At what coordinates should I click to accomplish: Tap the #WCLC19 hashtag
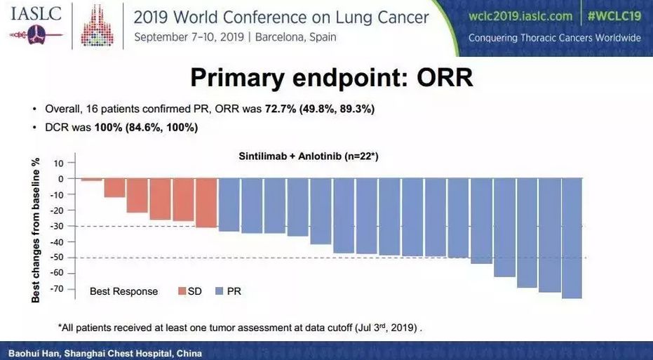point(614,15)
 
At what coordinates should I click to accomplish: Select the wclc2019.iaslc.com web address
point(518,15)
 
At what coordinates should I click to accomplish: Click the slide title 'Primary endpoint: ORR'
point(331,78)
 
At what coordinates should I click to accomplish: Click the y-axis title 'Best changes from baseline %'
point(36,229)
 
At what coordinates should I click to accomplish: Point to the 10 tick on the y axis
point(58,163)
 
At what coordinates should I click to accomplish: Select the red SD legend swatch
point(180,291)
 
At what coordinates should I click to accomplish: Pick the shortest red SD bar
point(91,180)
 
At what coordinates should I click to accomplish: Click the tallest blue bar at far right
point(572,239)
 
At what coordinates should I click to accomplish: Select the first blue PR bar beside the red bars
point(229,205)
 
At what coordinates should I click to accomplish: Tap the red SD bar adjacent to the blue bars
point(206,203)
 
